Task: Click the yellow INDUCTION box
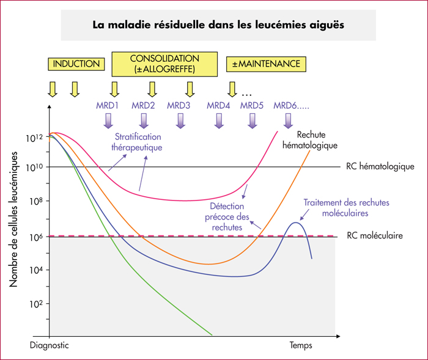pyautogui.click(x=76, y=64)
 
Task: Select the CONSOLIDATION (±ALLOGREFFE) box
pyautogui.click(x=164, y=64)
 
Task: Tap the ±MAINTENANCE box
pyautogui.click(x=266, y=64)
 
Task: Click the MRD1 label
pyautogui.click(x=107, y=105)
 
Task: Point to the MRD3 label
pyautogui.click(x=179, y=105)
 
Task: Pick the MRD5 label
pyautogui.click(x=252, y=105)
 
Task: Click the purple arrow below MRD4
pyautogui.click(x=219, y=121)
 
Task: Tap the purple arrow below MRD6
pyautogui.click(x=288, y=121)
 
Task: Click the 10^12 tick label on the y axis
pyautogui.click(x=34, y=138)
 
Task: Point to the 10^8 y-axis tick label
pyautogui.click(x=36, y=201)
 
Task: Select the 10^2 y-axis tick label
pyautogui.click(x=36, y=304)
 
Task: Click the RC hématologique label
pyautogui.click(x=380, y=166)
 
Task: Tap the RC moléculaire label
pyautogui.click(x=375, y=235)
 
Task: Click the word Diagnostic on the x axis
pyautogui.click(x=49, y=345)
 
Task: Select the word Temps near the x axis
pyautogui.click(x=301, y=345)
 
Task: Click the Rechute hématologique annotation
pyautogui.click(x=310, y=140)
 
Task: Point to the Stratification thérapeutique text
pyautogui.click(x=137, y=142)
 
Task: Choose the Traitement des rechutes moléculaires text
pyautogui.click(x=346, y=208)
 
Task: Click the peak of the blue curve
pyautogui.click(x=295, y=222)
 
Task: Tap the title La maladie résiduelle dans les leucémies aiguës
pyautogui.click(x=218, y=25)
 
